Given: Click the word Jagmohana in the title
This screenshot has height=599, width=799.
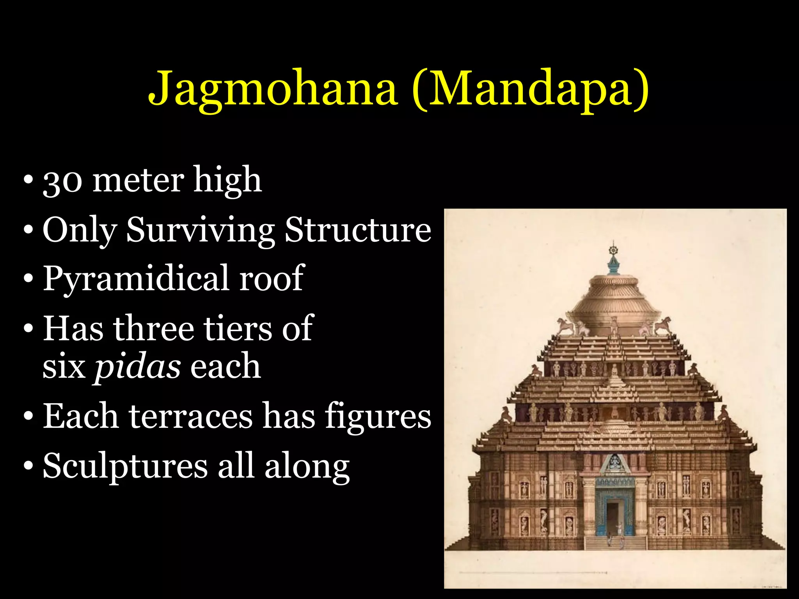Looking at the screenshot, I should tap(273, 89).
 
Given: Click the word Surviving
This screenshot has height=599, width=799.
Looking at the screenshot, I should tap(201, 230).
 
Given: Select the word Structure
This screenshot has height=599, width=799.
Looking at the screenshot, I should tap(358, 230).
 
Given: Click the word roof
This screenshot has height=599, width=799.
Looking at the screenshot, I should tap(272, 278).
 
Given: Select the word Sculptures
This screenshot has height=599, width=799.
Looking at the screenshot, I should tap(125, 466).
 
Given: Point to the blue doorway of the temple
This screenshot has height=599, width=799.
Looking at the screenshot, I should tap(614, 507).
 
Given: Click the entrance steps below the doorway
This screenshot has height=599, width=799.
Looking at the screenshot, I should tap(614, 543).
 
